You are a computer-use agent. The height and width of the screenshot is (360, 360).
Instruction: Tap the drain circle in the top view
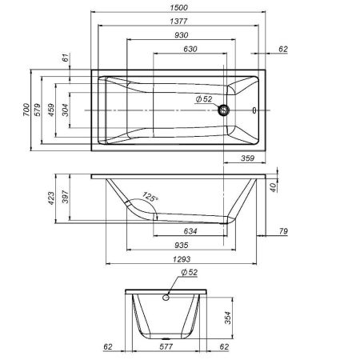click(x=226, y=111)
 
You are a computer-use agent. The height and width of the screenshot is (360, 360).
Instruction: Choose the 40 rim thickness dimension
click(x=274, y=186)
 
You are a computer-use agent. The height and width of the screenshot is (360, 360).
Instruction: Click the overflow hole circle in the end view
click(x=166, y=298)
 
